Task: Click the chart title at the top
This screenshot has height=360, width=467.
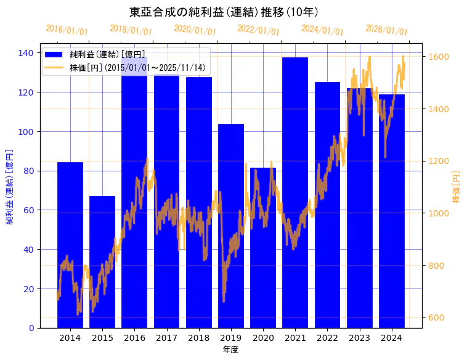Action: pyautogui.click(x=224, y=12)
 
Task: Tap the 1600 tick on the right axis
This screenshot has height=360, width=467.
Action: pyautogui.click(x=439, y=57)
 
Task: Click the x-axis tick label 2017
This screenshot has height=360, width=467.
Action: pyautogui.click(x=166, y=338)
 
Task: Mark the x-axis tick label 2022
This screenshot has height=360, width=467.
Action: pyautogui.click(x=327, y=338)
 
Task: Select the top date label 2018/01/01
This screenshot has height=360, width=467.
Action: pyautogui.click(x=131, y=30)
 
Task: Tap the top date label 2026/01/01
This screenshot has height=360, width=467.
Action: pyautogui.click(x=386, y=30)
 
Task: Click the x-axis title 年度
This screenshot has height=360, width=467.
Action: pyautogui.click(x=231, y=350)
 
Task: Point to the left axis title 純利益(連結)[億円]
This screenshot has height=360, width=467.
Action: pyautogui.click(x=10, y=186)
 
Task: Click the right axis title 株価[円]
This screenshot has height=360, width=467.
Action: pyautogui.click(x=457, y=186)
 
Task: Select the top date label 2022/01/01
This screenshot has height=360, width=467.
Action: pyautogui.click(x=258, y=30)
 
